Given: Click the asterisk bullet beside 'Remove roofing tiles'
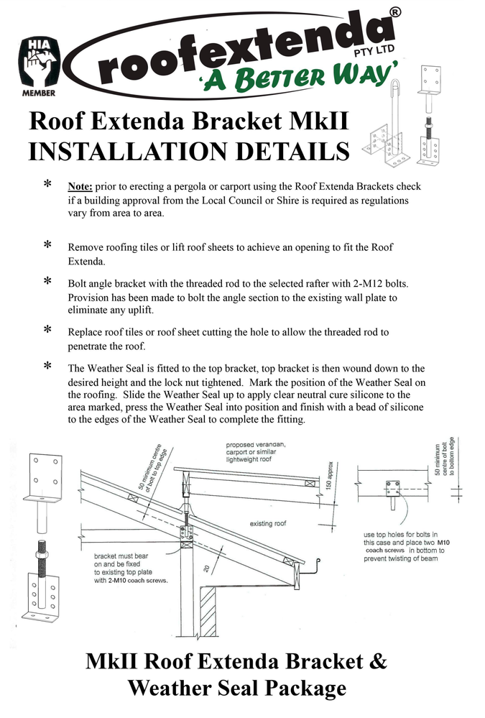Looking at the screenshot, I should click(47, 247).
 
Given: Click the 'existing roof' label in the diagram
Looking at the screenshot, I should click(268, 523).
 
